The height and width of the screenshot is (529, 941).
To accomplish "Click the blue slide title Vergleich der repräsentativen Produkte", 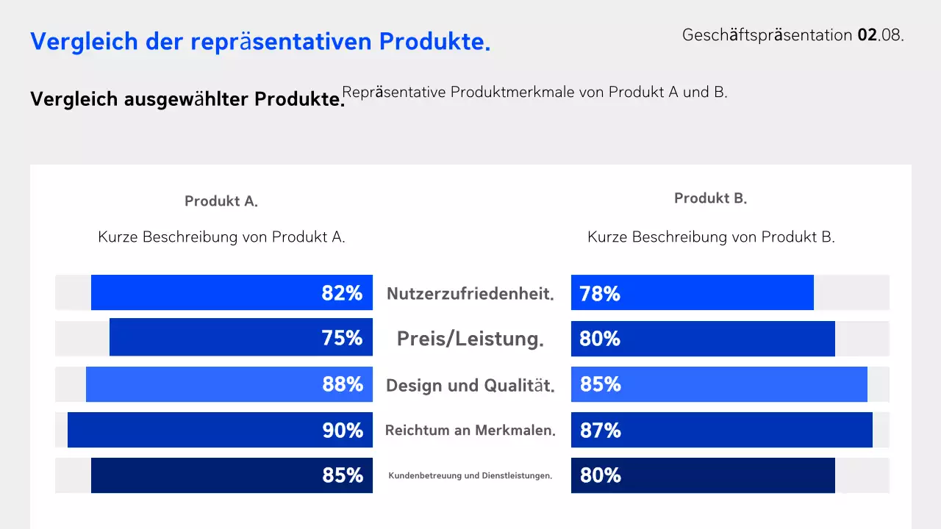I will coord(260,42).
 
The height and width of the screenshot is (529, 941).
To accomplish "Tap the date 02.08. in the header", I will coord(880,35).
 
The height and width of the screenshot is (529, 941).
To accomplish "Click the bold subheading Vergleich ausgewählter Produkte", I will coord(187,99).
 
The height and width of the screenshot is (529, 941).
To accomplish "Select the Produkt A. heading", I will coord(221,201).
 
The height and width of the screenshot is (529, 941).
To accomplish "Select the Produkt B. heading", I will coord(710,198).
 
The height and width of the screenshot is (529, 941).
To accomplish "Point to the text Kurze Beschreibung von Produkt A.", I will coord(221,237).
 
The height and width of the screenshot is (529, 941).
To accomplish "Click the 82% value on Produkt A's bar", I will coord(342,293).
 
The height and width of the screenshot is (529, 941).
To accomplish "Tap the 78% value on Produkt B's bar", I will coord(600,294).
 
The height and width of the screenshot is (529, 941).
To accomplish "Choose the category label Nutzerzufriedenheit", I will coord(470,294).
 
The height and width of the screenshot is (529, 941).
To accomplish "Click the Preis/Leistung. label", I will coord(470,339).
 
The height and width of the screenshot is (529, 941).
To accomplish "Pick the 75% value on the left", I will coord(342,338).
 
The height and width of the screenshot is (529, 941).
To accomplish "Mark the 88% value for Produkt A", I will coord(343,384).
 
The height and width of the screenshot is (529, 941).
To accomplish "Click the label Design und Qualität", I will coord(470,385).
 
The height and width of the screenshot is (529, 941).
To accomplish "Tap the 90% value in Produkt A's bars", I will coord(343,431).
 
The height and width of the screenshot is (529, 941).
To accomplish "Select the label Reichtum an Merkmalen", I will coord(470,431).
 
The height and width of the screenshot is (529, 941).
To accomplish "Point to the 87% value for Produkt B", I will coord(601,431).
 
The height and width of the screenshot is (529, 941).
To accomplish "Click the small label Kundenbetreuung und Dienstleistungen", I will coord(470,476).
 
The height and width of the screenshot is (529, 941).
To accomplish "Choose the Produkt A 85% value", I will coord(343,476).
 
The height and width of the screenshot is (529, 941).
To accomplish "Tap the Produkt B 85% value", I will coord(601,384).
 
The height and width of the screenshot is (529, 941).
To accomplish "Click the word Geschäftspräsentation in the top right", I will coord(768,35).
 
